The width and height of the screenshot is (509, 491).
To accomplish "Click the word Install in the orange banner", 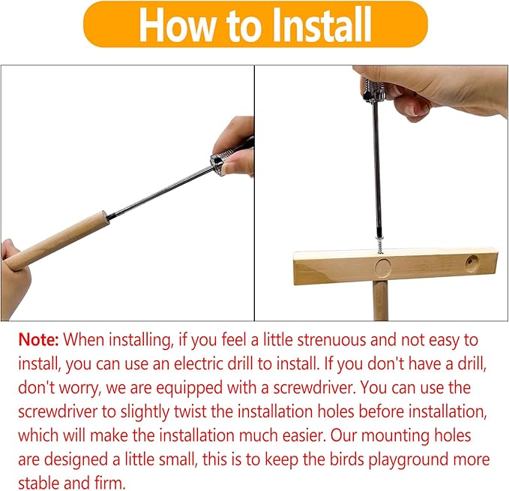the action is click(x=321, y=25).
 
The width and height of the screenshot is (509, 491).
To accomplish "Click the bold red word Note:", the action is click(x=39, y=340).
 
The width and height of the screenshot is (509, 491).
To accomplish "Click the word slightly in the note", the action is click(x=145, y=412).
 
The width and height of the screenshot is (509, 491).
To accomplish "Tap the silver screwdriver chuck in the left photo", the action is click(x=217, y=164).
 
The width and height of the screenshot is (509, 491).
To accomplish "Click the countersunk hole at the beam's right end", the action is click(x=472, y=263).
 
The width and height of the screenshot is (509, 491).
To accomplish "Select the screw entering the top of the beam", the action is click(x=379, y=245).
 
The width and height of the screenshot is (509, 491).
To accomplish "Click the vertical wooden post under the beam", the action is click(x=381, y=301).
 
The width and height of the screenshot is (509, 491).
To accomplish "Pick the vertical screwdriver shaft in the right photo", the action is click(x=376, y=170).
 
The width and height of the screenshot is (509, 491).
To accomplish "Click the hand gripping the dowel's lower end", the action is click(x=13, y=276).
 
